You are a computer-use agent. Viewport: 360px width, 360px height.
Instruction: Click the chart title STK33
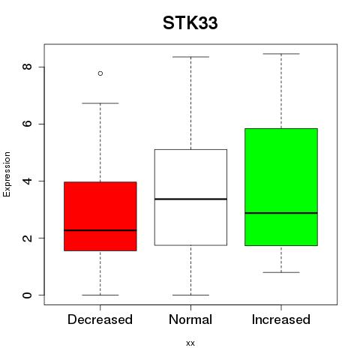(x=190, y=23)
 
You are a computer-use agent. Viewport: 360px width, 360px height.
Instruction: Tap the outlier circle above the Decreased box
(x=100, y=73)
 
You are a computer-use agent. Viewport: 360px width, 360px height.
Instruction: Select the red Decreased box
(x=100, y=216)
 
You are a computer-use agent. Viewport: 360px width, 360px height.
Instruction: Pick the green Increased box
(x=281, y=187)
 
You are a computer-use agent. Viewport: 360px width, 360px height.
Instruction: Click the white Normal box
(x=190, y=197)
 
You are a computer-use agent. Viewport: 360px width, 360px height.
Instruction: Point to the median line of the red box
(x=100, y=230)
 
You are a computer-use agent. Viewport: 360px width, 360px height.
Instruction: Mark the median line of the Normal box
(x=190, y=199)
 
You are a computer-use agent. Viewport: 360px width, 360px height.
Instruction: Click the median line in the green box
(x=281, y=213)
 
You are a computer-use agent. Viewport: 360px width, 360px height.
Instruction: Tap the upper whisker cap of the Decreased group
(x=100, y=103)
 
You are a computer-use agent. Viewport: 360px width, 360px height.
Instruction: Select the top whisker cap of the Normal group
(x=190, y=57)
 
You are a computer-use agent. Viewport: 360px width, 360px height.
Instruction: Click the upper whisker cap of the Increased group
(x=281, y=54)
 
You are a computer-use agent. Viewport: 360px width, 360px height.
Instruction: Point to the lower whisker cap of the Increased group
(x=281, y=272)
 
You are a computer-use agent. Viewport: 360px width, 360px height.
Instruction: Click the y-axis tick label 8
(x=27, y=67)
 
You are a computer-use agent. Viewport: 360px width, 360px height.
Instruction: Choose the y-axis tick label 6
(x=27, y=124)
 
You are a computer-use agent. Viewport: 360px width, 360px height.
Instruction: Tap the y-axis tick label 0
(x=27, y=295)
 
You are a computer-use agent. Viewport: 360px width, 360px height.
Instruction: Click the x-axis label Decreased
(x=100, y=319)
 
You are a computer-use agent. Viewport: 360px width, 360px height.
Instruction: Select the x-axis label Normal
(x=190, y=319)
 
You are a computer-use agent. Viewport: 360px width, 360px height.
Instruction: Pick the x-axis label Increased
(x=281, y=319)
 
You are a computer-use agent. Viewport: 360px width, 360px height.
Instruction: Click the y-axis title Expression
(x=7, y=174)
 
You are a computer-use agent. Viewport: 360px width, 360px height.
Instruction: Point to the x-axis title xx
(x=190, y=343)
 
